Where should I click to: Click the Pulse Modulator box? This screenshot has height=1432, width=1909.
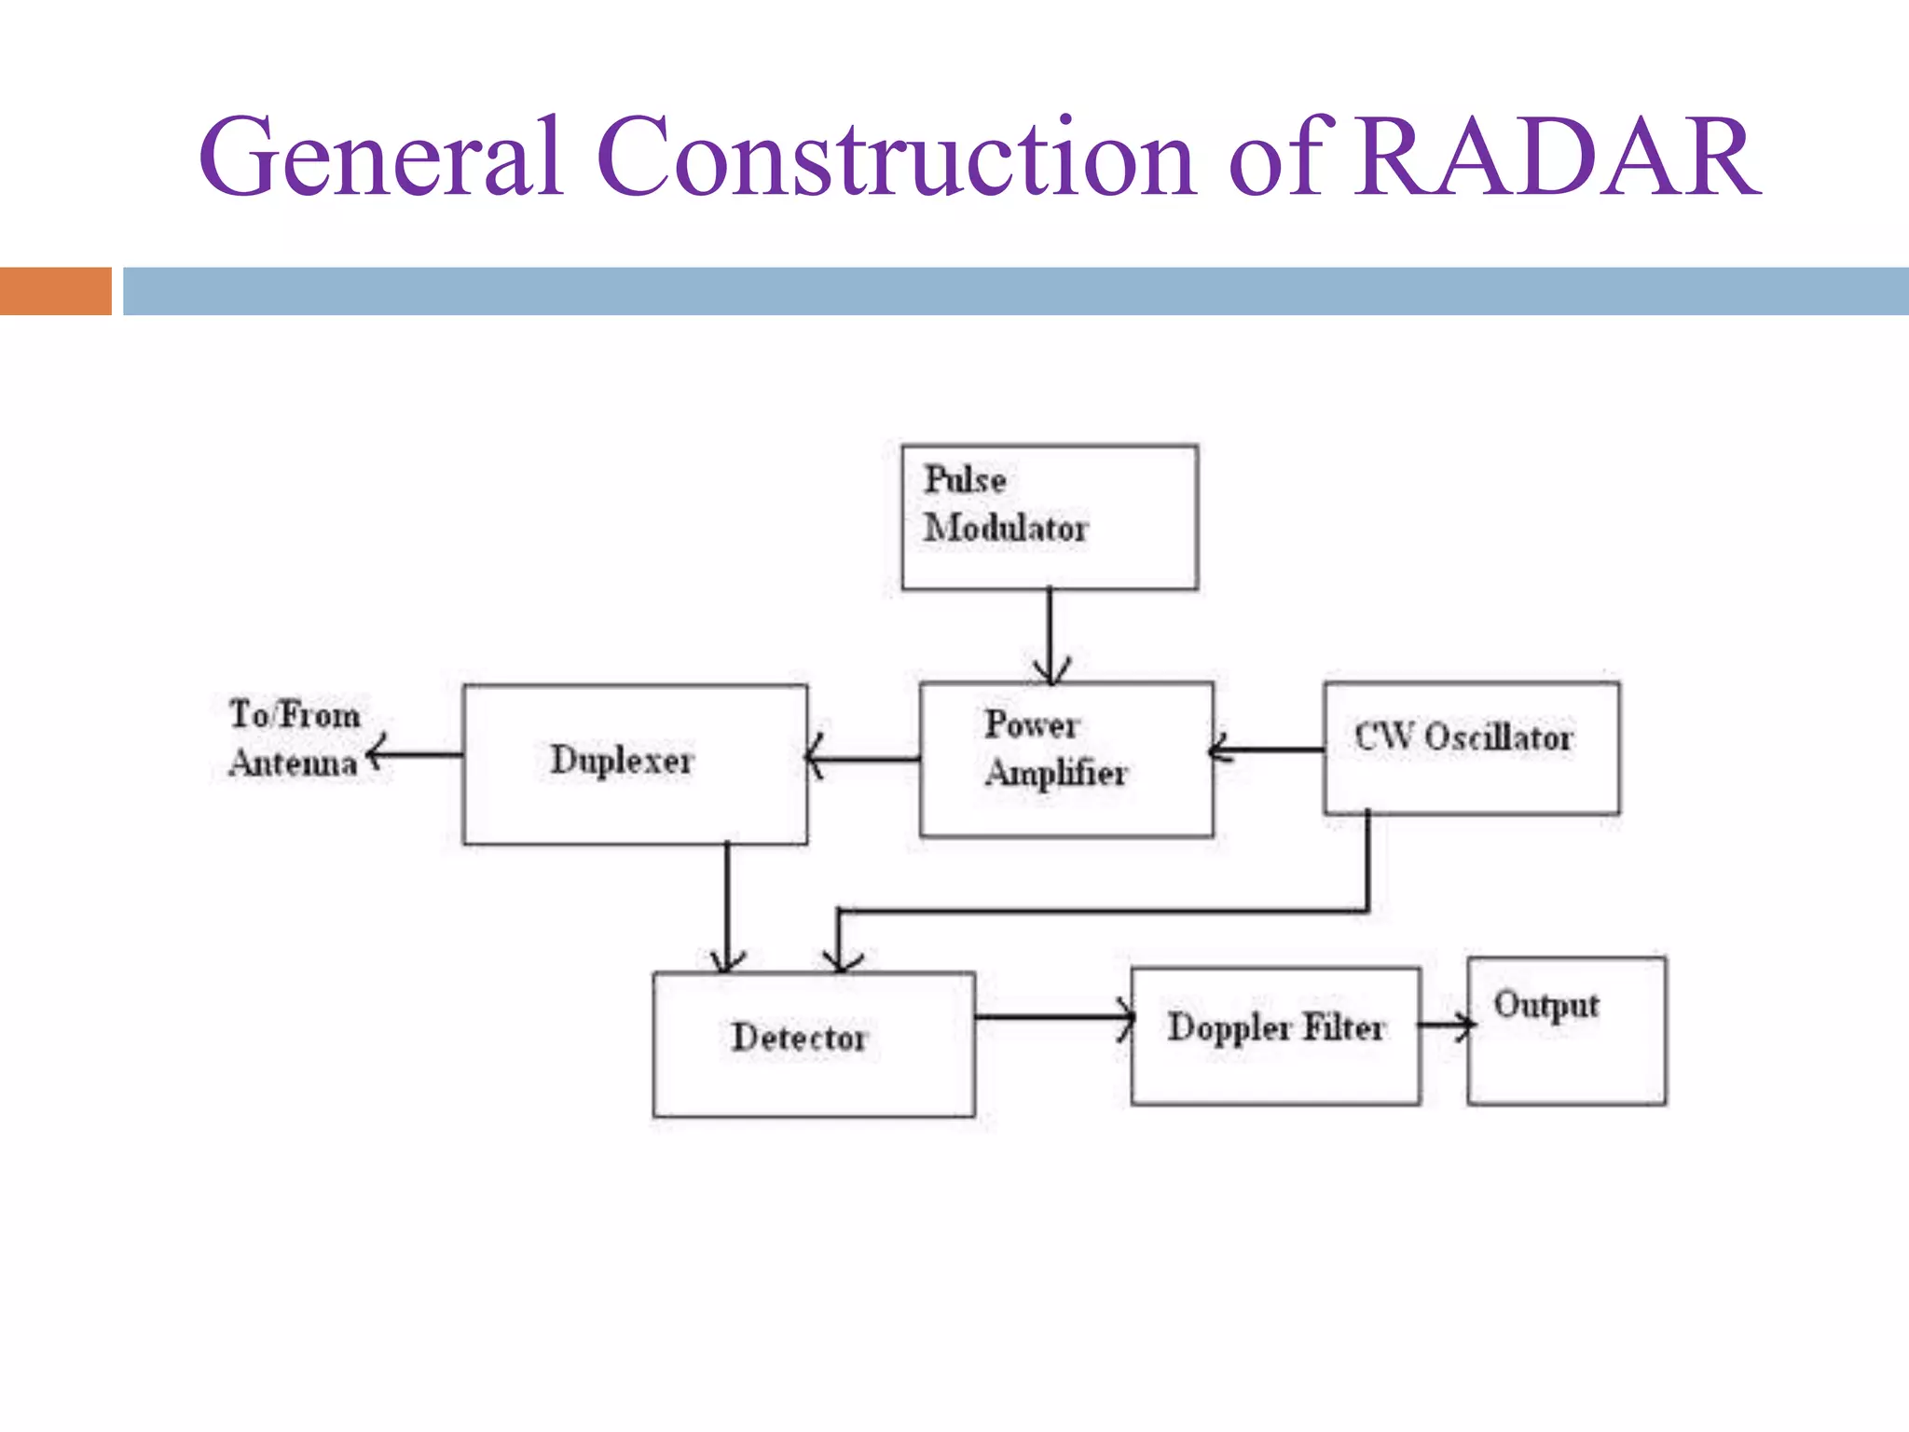pos(1050,517)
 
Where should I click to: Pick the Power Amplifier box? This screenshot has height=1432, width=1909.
pos(1066,759)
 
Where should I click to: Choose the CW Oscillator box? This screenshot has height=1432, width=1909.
pos(1471,748)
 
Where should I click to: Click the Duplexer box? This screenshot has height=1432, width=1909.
pos(635,764)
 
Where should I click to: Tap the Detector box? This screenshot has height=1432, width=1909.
pos(814,1043)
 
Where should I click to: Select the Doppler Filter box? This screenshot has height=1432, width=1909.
pos(1275,1035)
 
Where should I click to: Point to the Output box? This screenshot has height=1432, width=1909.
pos(1566,1030)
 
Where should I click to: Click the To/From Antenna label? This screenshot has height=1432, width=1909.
pos(295,738)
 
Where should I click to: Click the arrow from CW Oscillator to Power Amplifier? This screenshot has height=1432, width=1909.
pos(1268,749)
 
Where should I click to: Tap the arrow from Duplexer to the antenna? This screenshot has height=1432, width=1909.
pos(415,753)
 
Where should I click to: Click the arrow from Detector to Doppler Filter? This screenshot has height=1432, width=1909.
pos(1053,1016)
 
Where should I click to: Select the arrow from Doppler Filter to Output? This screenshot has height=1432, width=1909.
pos(1444,1025)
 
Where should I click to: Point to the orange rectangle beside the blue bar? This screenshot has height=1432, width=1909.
pos(56,291)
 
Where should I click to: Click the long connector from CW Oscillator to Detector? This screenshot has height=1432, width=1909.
pos(1100,911)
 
